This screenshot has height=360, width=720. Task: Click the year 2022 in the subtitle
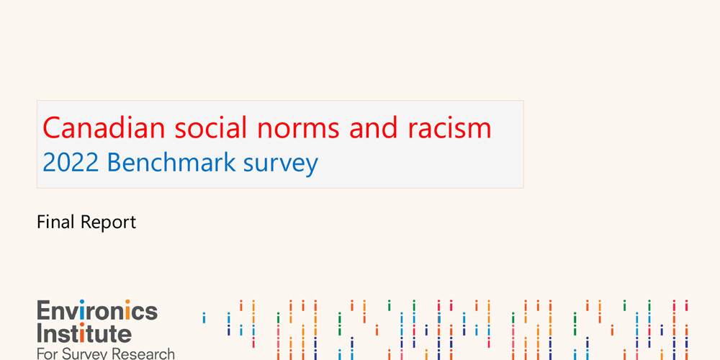coord(70,163)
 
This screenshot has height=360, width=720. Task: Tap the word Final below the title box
coord(55,222)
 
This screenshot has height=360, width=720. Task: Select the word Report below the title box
coord(108,222)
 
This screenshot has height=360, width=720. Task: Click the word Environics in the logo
coord(96,311)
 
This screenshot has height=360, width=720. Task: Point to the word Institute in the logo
coord(84,333)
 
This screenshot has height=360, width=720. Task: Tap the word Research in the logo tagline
coord(143,354)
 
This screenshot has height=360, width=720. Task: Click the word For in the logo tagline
coord(48,354)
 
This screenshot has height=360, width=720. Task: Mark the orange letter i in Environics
coord(127,310)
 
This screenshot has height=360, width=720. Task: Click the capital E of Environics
coord(43,311)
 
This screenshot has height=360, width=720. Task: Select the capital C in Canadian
coord(51,128)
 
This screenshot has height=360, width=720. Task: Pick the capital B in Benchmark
coord(114,163)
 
